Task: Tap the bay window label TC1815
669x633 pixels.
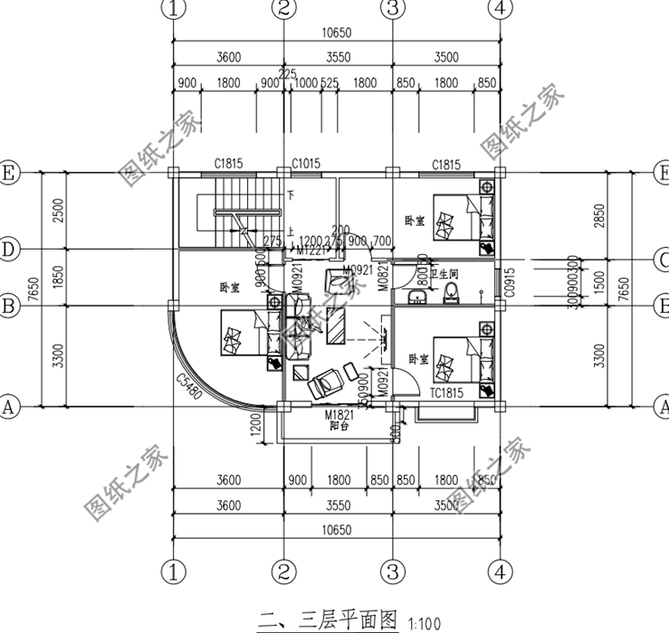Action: (444, 393)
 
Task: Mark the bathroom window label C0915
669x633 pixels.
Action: (509, 284)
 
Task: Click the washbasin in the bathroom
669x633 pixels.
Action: (416, 296)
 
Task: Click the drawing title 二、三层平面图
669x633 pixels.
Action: (328, 619)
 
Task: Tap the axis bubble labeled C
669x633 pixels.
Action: (661, 259)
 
